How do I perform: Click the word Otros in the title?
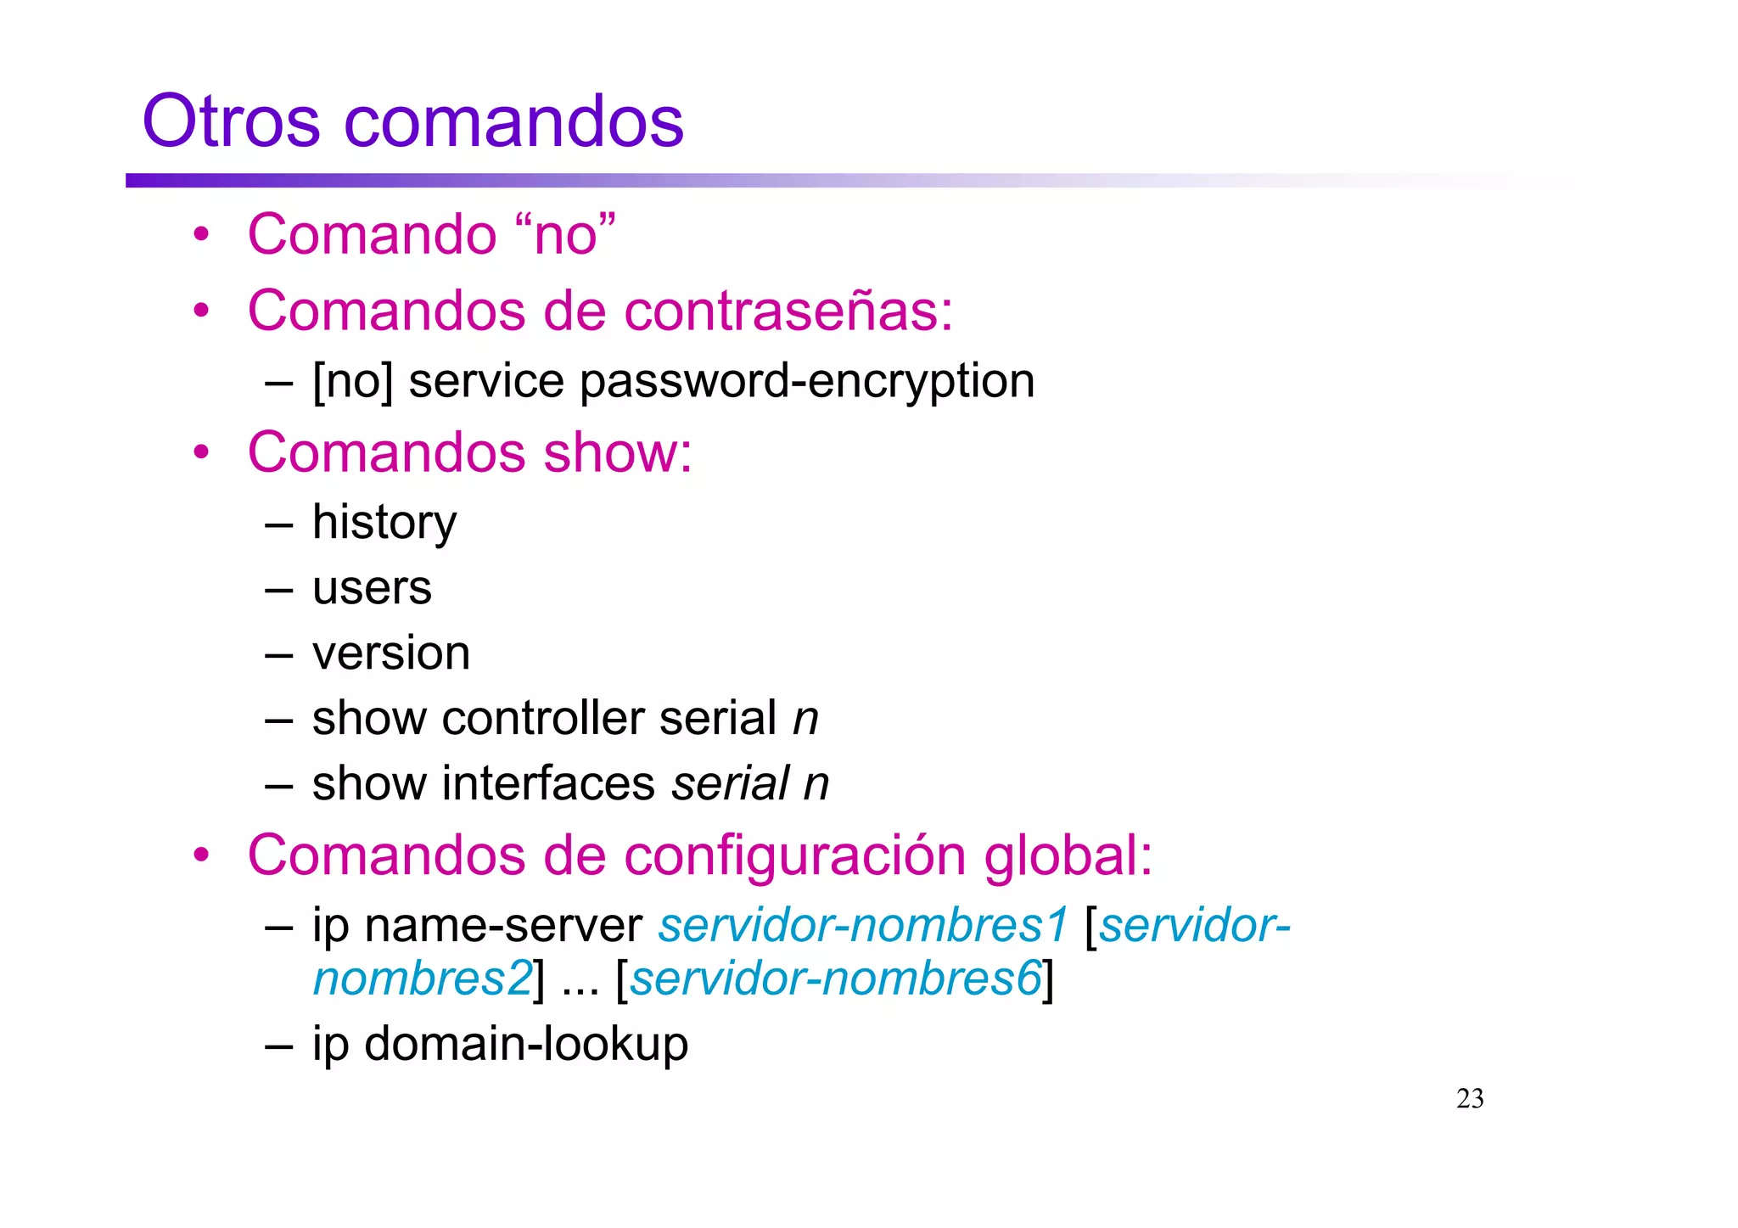[x=231, y=121]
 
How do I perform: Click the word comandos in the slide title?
[x=513, y=121]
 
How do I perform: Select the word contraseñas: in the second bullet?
[x=788, y=311]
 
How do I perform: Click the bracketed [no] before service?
[x=352, y=381]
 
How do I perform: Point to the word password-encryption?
[x=807, y=381]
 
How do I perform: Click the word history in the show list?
[x=384, y=523]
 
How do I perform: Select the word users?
[x=372, y=588]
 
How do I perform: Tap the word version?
[x=391, y=653]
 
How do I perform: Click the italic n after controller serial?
[x=805, y=719]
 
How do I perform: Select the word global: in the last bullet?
[x=1068, y=855]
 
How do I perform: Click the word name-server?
[x=503, y=926]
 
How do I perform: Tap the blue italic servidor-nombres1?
[x=863, y=926]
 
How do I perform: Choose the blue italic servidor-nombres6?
[x=835, y=979]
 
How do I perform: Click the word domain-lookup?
[x=526, y=1044]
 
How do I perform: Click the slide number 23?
[x=1470, y=1099]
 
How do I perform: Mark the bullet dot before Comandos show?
[x=201, y=452]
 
